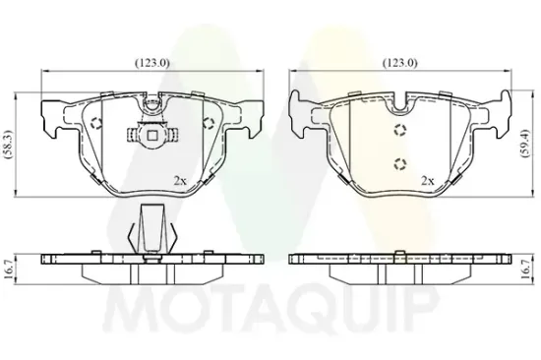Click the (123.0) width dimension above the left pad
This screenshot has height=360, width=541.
(x=152, y=63)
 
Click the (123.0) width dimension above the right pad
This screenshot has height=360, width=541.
(x=400, y=63)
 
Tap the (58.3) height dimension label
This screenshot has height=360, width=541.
(x=8, y=145)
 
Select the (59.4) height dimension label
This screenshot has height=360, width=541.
(x=525, y=144)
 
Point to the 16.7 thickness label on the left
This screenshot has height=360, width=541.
(x=9, y=270)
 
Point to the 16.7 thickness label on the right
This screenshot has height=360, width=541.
(x=525, y=270)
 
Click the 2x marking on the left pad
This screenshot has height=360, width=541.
(x=180, y=180)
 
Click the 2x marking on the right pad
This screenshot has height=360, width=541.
(x=428, y=180)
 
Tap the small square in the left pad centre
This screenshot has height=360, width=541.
(x=152, y=136)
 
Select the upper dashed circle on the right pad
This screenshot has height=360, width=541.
(x=400, y=130)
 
